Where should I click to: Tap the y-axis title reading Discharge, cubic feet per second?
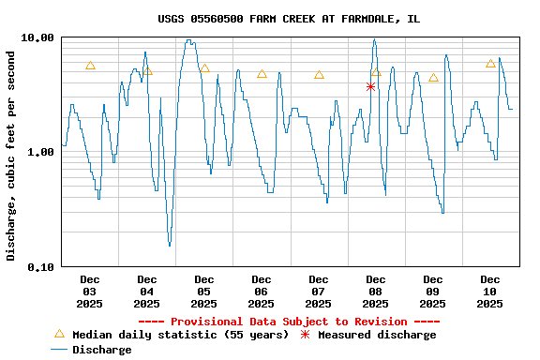(11, 152)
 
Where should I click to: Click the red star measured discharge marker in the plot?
(371, 86)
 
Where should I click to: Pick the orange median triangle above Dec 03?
(90, 66)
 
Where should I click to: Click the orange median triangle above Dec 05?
(204, 68)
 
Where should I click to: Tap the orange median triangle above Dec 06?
(262, 74)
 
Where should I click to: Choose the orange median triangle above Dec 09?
(433, 78)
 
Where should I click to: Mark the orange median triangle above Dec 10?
(490, 64)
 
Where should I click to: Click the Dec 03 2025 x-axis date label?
(90, 291)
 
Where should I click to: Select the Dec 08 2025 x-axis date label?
(375, 291)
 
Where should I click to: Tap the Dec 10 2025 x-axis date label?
(489, 291)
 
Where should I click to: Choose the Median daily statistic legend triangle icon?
(59, 334)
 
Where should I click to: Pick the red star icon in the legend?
(305, 335)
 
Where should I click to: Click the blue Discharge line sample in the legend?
(59, 350)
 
